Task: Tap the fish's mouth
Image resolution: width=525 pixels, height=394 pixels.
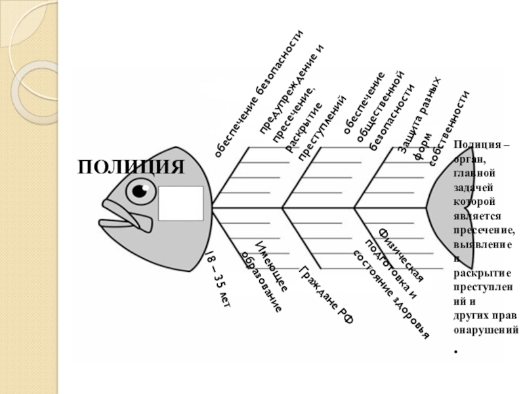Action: (x=121, y=215)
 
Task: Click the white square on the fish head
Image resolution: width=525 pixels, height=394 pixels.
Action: (x=180, y=203)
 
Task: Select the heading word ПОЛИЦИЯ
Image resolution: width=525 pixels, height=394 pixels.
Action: (x=131, y=166)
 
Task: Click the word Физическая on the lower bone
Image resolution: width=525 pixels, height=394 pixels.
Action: (x=402, y=255)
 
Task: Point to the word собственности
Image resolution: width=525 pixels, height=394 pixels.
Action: (x=450, y=129)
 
